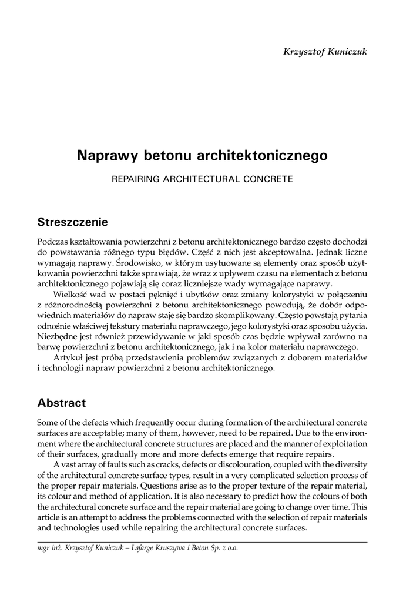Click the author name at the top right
pos(325,52)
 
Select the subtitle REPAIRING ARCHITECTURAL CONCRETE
pos(202,179)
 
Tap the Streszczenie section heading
pos(72,222)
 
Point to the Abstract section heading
pos(61,403)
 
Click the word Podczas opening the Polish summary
pos(52,242)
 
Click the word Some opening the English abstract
pos(48,422)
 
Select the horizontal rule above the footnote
pos(202,541)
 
